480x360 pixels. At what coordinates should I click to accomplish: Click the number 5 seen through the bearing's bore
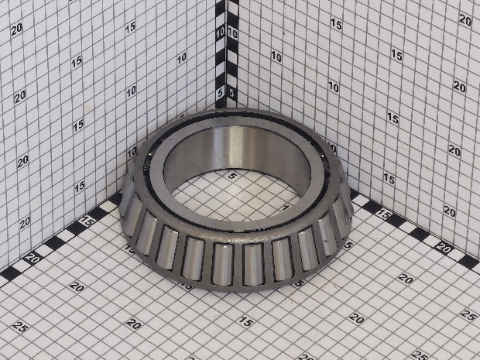coord(233,176)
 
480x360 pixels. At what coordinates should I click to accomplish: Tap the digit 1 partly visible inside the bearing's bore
coord(286,207)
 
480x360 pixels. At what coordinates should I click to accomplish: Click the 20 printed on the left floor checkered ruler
coord(33,258)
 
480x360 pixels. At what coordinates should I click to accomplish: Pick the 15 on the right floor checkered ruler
coord(383,214)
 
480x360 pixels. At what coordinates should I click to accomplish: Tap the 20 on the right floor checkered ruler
coord(444,247)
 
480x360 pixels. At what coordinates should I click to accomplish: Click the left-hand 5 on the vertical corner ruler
coord(220,93)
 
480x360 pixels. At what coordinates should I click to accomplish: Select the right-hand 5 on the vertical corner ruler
coord(232,93)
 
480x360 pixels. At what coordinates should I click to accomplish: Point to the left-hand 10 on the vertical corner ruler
coord(220,33)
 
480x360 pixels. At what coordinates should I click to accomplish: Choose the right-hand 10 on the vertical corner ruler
coord(233,33)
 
